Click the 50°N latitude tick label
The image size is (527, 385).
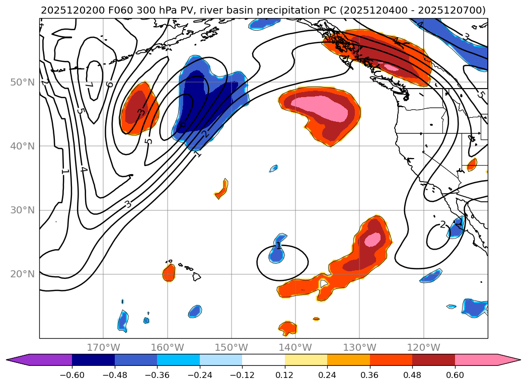[x=22, y=82]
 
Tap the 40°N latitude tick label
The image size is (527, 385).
[x=22, y=146]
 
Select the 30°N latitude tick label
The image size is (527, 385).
[x=22, y=210]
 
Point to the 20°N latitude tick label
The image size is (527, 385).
[x=22, y=274]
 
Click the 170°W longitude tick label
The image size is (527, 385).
[x=103, y=347]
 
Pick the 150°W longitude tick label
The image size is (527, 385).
[x=232, y=347]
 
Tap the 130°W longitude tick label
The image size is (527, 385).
[x=359, y=347]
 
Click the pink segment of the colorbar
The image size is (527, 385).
[x=476, y=359]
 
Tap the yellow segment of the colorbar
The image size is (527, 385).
[x=306, y=359]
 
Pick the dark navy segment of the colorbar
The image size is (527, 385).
[x=93, y=359]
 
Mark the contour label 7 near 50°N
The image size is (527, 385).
[x=89, y=85]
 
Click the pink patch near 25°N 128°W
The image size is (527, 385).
[x=373, y=239]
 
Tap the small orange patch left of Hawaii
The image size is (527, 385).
[x=169, y=272]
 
